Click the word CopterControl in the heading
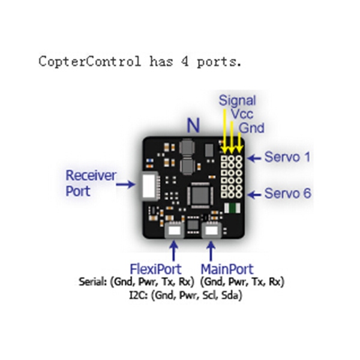90,62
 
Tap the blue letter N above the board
193,125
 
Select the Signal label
237,101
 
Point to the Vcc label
242,114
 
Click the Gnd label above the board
251,128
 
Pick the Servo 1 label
287,157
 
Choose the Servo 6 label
288,193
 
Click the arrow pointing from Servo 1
254,158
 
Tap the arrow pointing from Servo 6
254,195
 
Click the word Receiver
91,176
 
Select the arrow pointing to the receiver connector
125,184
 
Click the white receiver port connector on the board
149,186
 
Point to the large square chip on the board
200,195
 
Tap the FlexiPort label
155,269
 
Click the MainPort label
227,269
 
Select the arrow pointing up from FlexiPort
174,251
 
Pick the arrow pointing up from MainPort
211,251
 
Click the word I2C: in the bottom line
139,295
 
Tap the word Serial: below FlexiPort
93,281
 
